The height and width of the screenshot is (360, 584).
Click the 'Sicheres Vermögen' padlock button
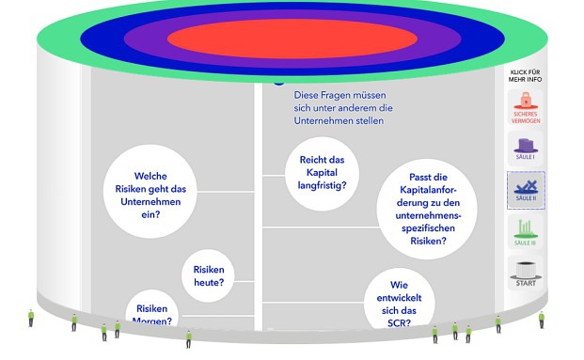point(525,107)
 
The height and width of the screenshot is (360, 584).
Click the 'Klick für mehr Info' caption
point(526,76)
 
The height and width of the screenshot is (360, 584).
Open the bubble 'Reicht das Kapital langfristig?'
point(323,173)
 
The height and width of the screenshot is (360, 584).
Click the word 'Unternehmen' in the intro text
point(326,121)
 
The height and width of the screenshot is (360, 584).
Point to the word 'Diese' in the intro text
point(309,95)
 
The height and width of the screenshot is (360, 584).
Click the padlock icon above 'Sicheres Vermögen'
point(525,101)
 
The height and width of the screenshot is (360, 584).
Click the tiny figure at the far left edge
point(31,318)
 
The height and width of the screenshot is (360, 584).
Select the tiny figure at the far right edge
point(542,320)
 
